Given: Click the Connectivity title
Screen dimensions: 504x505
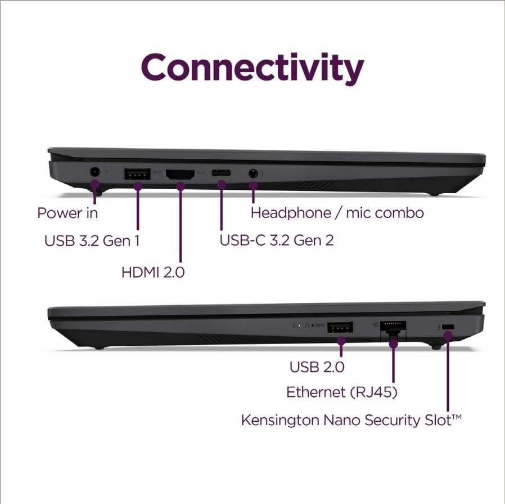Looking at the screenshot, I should coord(252,68).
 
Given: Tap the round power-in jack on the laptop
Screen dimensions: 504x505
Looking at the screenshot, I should coord(94,171).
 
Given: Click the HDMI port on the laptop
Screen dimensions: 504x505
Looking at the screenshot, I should coord(180,174).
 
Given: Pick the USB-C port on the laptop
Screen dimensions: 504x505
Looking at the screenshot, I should coord(221,173).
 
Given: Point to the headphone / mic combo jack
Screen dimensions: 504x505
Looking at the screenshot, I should coord(252,173).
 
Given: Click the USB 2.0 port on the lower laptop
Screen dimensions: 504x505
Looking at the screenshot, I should coord(340,327).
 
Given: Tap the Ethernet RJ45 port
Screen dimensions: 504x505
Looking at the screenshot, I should coord(393,328).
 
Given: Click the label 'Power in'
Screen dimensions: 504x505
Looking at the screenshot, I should coord(67,213).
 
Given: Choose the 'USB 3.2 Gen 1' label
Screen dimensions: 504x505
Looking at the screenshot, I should coord(92,241).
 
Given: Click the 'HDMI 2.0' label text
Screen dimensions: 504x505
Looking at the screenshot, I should coord(153,273).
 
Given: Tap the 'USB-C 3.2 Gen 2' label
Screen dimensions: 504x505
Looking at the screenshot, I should coord(277,240).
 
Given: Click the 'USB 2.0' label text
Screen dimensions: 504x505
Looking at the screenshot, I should coord(317,367).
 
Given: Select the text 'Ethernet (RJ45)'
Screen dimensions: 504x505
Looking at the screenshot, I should coord(342,393).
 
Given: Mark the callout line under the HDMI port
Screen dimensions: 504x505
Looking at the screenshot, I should coord(180,225).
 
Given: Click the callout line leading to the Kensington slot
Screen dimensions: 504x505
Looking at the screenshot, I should coord(448,377).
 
